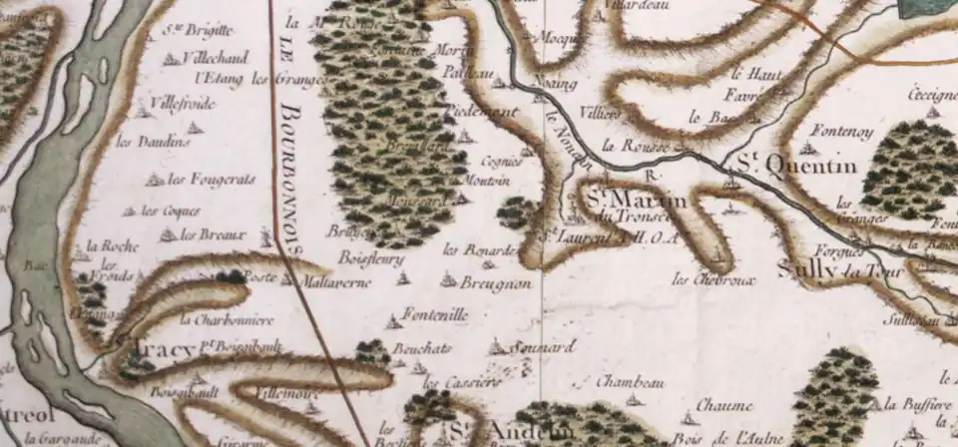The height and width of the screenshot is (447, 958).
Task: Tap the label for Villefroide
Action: [x=183, y=101]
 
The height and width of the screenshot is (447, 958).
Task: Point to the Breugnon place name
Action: [x=496, y=283]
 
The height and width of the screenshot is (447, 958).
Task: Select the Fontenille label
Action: [x=436, y=315]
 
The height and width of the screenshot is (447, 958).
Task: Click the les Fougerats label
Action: [x=212, y=180]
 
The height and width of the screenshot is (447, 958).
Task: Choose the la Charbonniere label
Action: [x=228, y=320]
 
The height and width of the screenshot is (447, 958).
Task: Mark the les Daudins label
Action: [x=153, y=142]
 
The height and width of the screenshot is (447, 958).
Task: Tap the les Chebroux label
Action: [x=715, y=278]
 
